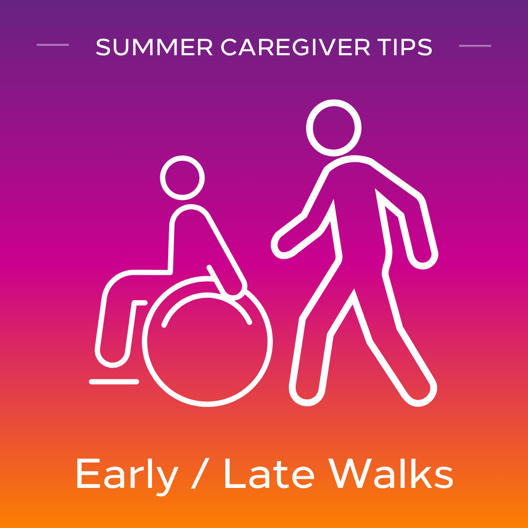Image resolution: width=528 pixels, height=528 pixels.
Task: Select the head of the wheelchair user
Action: [x=182, y=178]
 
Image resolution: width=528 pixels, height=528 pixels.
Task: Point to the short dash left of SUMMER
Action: [x=53, y=45]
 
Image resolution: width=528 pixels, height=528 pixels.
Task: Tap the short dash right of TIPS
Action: [x=475, y=45]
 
